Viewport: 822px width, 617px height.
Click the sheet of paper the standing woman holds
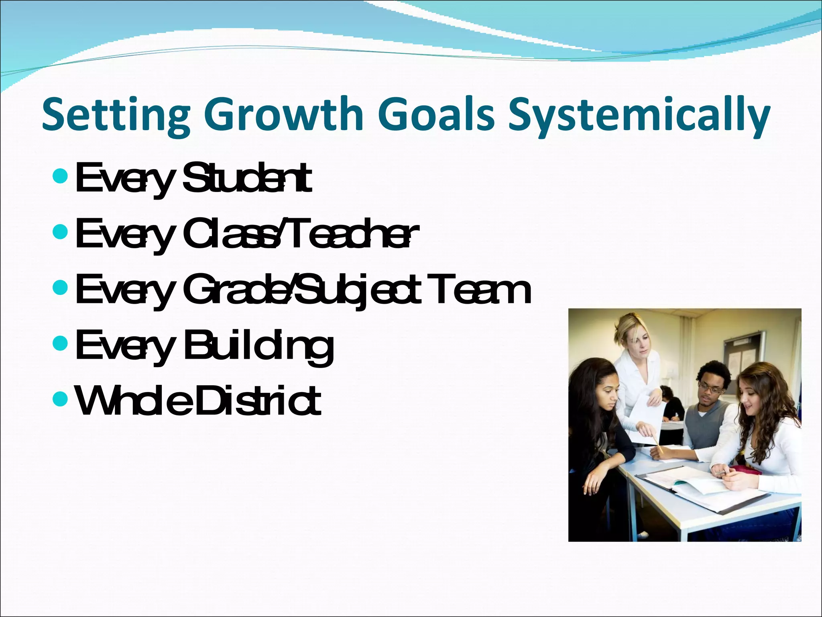(646, 418)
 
